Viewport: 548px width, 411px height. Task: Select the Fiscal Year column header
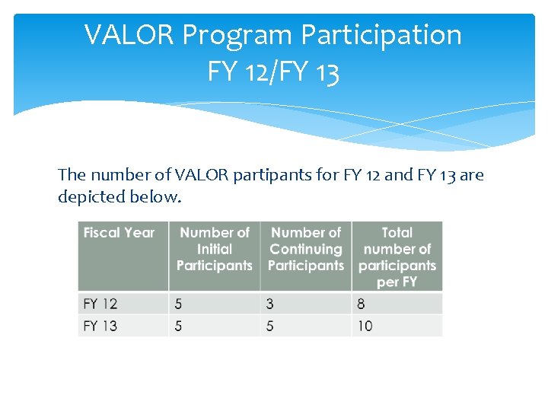pos(119,233)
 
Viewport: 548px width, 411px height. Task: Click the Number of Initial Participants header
pos(214,249)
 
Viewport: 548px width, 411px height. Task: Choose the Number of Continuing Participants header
pos(306,249)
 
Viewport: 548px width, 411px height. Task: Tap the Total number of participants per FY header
pos(397,256)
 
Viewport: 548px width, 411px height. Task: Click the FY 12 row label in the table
pos(100,304)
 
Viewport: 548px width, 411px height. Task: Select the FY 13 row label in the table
pos(100,326)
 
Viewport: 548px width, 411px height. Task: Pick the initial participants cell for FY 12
pos(179,304)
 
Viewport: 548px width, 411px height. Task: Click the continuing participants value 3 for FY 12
pos(270,304)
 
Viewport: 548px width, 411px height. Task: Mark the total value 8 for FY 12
pos(361,304)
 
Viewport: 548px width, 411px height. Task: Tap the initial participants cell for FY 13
pos(179,326)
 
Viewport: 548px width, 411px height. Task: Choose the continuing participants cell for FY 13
pos(270,326)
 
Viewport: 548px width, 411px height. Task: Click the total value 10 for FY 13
pos(365,326)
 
